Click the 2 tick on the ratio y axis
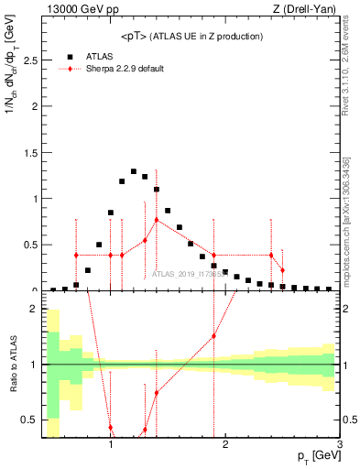tap(36, 309)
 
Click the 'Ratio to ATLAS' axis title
tap(13, 365)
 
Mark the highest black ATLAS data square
tap(134, 171)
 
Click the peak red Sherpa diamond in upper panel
tap(157, 220)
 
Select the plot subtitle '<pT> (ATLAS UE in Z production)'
tap(191, 36)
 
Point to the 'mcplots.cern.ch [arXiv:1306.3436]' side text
tap(350, 220)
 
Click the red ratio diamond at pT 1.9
tap(213, 336)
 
